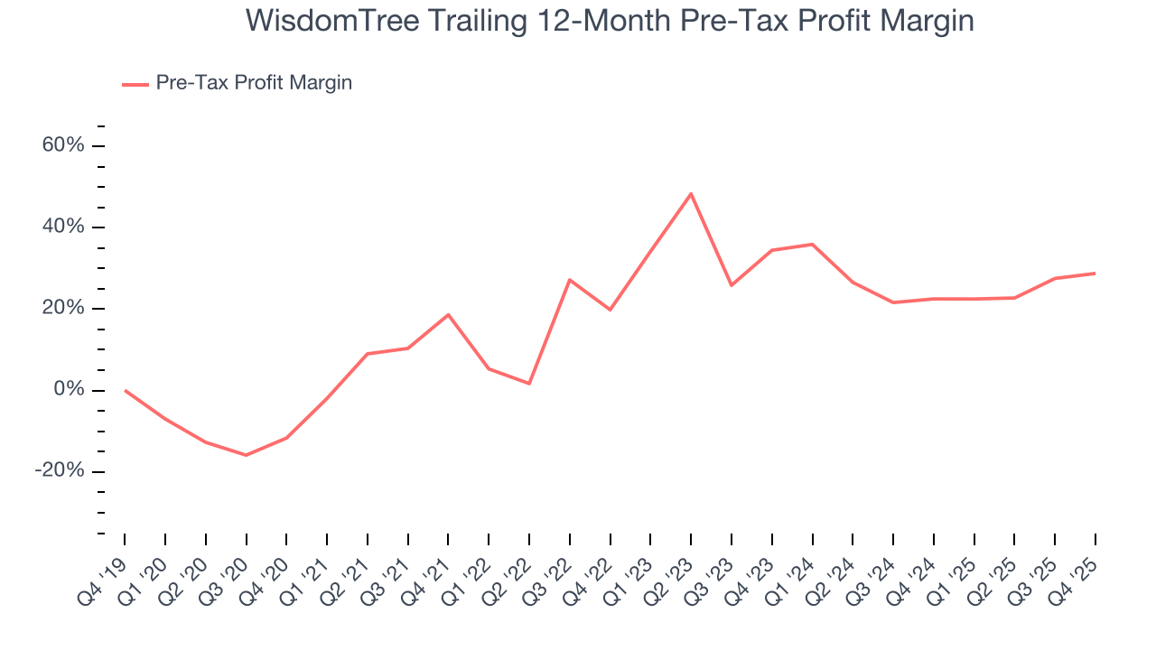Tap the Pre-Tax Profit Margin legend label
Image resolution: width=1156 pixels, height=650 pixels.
254,83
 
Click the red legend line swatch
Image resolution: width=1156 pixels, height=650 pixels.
135,85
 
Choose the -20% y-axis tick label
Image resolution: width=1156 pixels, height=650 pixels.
60,471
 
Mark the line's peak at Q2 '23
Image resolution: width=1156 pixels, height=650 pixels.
691,193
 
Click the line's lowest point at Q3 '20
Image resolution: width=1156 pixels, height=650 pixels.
246,455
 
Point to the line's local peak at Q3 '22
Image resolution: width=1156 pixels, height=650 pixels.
570,280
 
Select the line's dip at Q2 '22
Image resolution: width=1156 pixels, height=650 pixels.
529,384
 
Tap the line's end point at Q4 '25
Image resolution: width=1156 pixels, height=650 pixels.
1095,273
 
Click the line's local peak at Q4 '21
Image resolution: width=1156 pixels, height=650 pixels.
448,314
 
